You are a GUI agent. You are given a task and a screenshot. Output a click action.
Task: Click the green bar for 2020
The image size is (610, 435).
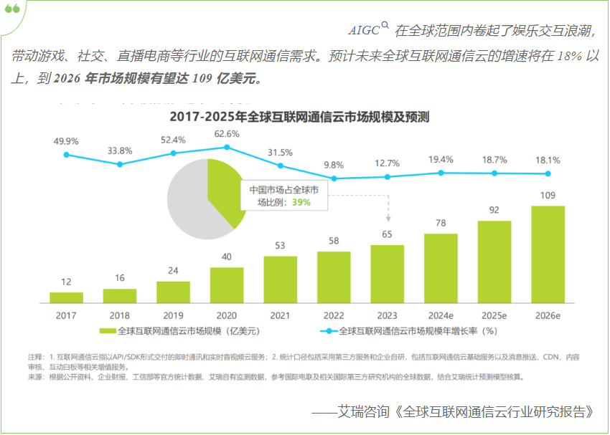pos(227,285)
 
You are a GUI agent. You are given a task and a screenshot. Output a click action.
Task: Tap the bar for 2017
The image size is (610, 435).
pos(66,297)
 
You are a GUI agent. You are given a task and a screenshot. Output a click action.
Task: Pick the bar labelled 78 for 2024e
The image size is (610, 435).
pos(441,267)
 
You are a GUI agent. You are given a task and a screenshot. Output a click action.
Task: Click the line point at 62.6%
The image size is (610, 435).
pos(227,147)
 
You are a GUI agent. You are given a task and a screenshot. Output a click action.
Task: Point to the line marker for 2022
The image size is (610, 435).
pos(334,178)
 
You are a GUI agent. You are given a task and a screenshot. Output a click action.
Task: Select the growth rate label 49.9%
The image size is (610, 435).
pos(66,141)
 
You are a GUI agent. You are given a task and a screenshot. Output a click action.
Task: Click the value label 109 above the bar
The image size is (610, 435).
pos(548,196)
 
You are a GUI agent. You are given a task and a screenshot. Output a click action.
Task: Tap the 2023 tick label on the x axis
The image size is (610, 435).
pos(387,315)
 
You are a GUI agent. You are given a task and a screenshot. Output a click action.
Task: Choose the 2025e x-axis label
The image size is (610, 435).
pos(494,315)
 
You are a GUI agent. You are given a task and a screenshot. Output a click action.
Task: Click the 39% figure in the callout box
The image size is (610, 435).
pos(301,203)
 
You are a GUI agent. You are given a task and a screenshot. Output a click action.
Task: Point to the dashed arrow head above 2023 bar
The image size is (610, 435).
pos(388,219)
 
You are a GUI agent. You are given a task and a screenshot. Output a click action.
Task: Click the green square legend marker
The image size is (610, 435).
pos(108,331)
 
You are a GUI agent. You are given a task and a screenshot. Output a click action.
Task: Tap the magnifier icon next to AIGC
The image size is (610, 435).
pos(385,26)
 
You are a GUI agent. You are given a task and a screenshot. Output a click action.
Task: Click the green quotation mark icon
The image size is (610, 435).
pos(13,9)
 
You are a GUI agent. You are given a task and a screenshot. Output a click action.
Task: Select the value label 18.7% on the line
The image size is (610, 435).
pos(494,160)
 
